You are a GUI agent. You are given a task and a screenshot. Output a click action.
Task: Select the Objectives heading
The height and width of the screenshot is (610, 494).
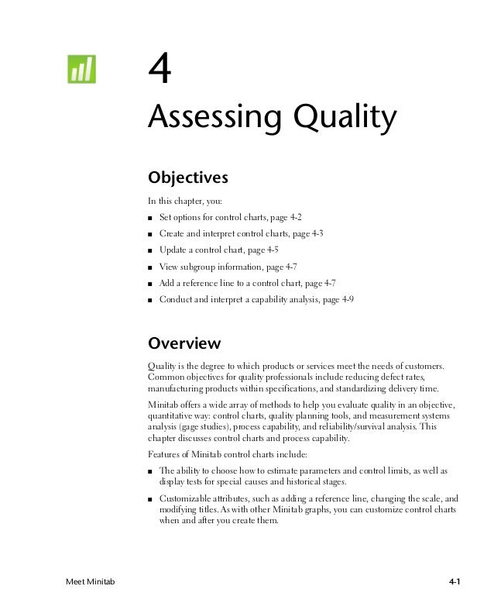coord(187,177)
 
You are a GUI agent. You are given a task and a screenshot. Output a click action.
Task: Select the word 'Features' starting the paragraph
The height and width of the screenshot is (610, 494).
coord(166,453)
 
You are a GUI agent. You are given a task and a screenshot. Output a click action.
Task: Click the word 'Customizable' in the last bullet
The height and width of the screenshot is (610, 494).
coord(186,501)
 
